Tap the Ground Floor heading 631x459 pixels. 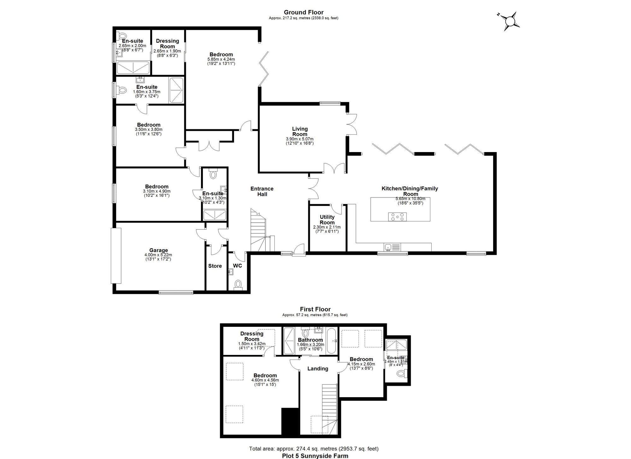(303, 12)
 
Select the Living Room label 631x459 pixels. (300, 131)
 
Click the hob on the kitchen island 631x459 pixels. (397, 217)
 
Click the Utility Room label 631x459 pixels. (327, 220)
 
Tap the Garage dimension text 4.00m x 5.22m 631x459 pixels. (158, 255)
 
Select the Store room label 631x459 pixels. (215, 266)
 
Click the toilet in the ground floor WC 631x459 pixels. (238, 285)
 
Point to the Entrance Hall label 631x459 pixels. (262, 191)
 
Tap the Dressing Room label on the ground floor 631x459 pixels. (168, 44)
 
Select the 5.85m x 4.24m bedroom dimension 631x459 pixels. (221, 59)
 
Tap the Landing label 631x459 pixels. (318, 368)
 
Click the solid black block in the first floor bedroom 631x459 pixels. (290, 421)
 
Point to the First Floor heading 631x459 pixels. (315, 309)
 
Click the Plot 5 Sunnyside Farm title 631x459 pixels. (315, 456)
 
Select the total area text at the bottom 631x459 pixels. (314, 449)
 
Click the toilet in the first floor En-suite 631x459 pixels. (401, 374)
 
